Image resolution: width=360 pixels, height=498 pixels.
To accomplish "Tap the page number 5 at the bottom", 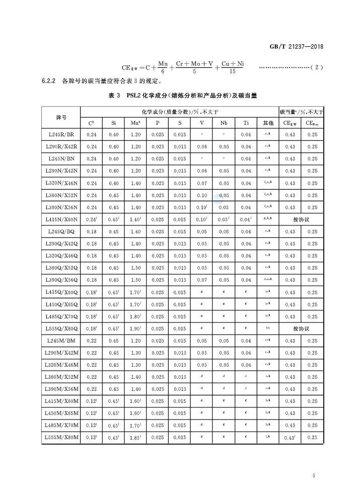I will (314, 476).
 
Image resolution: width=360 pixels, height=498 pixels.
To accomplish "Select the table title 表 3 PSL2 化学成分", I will (182, 96).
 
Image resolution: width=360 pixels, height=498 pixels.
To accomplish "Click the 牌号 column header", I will (61, 117).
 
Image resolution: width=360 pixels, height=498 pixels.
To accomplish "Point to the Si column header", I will (113, 123).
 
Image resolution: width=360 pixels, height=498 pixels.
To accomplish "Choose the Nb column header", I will (224, 123).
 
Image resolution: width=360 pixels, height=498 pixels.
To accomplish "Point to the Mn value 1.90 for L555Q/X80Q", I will (136, 328).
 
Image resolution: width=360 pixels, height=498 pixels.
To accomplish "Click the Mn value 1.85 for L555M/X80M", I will (136, 438).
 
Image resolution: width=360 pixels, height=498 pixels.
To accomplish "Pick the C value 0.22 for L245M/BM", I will (92, 341).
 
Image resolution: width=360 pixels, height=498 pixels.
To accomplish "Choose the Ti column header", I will (246, 123).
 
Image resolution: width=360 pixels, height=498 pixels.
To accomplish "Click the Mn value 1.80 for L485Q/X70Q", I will (136, 316).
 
